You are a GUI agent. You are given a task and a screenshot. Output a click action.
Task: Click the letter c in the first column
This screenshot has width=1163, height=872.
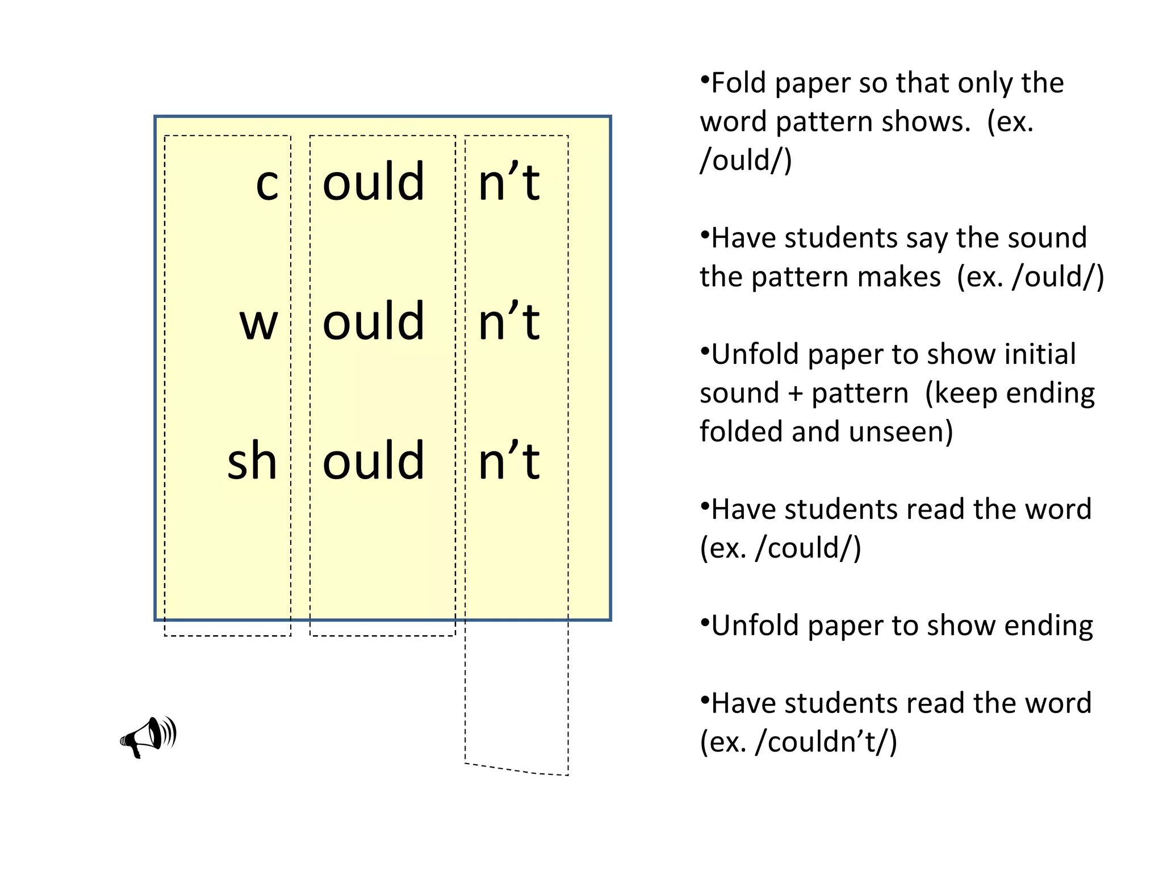(267, 185)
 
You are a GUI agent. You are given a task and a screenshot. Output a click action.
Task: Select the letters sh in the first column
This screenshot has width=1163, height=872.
(252, 461)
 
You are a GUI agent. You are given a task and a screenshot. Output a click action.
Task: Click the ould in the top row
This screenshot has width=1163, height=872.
(373, 182)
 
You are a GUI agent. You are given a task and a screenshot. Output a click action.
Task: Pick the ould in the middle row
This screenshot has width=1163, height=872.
(373, 321)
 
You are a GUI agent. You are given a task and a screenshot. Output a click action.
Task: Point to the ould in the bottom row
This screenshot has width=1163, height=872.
(373, 460)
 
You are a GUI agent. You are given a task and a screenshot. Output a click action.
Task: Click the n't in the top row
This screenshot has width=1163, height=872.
(509, 182)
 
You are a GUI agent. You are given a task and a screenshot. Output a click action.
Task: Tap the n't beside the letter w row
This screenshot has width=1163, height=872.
(509, 321)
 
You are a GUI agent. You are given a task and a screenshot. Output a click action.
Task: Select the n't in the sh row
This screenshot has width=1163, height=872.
(509, 460)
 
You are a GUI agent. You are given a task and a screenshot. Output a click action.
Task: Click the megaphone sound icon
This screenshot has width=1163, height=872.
(148, 737)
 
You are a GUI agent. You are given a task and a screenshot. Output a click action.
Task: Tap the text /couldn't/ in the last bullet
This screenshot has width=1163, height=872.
(826, 742)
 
